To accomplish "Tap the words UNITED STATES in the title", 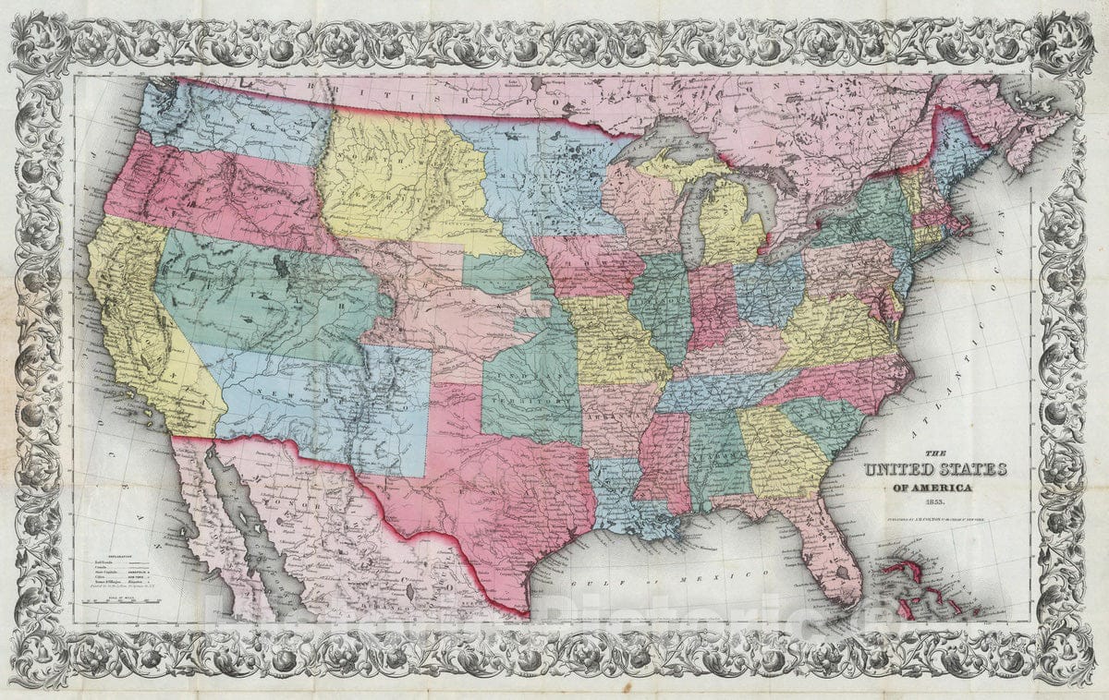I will (x=935, y=470).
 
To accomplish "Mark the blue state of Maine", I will (x=952, y=148).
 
